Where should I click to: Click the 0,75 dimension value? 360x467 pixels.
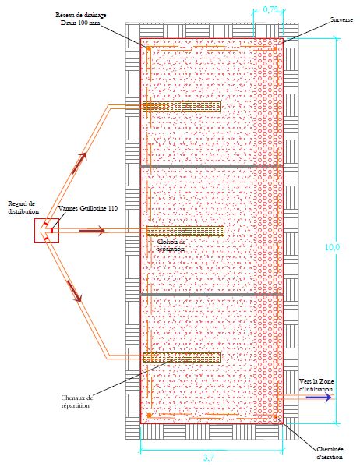[x=270, y=9]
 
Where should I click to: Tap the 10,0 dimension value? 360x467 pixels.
[x=332, y=247]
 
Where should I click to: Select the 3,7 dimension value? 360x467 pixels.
[x=209, y=457]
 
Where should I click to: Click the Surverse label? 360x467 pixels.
[x=341, y=19]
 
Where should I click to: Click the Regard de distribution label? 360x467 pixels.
[x=23, y=207]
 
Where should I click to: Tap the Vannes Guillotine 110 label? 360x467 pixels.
[x=88, y=208]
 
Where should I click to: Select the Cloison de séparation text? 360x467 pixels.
[x=171, y=245]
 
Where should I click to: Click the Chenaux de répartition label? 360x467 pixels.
[x=76, y=402]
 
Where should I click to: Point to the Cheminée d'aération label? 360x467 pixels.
[x=330, y=453]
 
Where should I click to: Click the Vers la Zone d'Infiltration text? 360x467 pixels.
[x=316, y=385]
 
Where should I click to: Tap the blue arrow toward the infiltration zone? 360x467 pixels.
[x=319, y=398]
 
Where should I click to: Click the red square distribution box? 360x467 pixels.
[x=47, y=231]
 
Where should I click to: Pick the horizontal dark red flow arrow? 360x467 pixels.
[x=92, y=231]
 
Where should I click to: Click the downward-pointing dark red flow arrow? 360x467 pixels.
[x=74, y=291]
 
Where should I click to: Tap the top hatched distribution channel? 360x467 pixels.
[x=181, y=107]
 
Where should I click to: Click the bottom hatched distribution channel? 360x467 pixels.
[x=182, y=357]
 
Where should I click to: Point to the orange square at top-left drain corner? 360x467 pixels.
[x=148, y=48]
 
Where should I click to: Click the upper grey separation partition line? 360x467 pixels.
[x=211, y=166]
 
